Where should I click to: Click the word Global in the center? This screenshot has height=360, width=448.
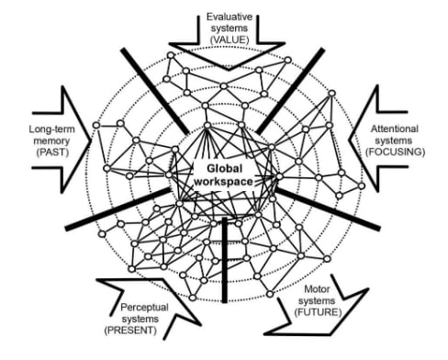[225, 169]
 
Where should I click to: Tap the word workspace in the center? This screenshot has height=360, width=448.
[223, 182]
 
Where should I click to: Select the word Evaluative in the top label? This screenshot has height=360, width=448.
[230, 17]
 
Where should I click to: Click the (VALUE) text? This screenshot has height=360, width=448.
[230, 39]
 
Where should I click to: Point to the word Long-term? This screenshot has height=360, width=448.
[51, 129]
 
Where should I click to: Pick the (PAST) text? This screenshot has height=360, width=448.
[52, 152]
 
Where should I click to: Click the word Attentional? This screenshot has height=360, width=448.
[394, 129]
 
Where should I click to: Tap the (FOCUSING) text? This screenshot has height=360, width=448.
[395, 152]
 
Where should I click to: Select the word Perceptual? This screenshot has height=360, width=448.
[144, 307]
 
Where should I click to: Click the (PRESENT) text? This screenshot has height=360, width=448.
[130, 331]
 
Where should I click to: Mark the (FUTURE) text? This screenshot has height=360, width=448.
[318, 312]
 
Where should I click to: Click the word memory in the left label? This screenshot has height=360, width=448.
[51, 141]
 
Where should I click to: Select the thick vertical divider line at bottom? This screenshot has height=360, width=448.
[225, 260]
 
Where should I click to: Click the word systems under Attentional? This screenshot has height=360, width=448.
[394, 141]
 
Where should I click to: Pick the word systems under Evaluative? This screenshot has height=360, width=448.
[230, 28]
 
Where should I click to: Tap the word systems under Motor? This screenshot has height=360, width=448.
[317, 301]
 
